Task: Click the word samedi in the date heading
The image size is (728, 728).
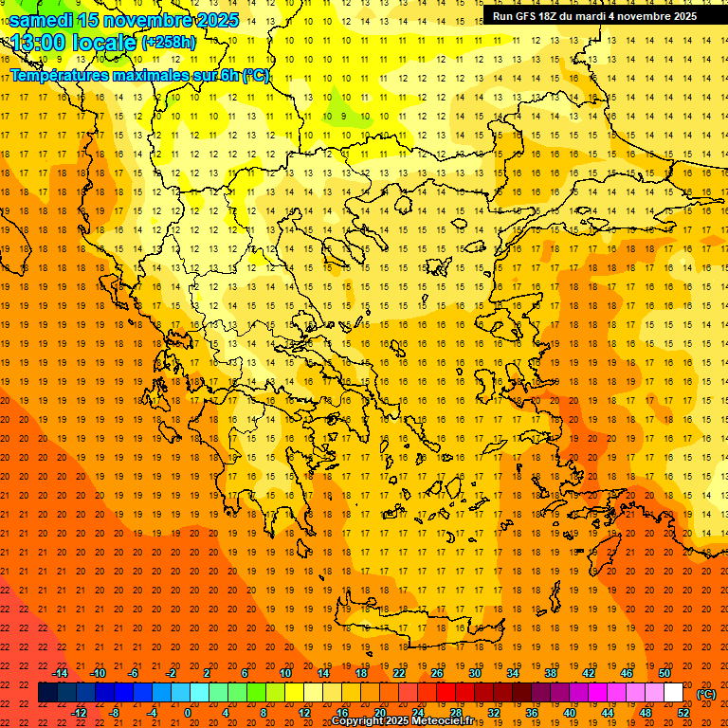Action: tap(42, 20)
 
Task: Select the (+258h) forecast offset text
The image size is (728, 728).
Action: tap(169, 42)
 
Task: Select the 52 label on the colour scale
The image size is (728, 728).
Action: tap(682, 713)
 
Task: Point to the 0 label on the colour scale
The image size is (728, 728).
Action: tap(188, 713)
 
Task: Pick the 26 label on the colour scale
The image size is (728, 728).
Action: tap(436, 673)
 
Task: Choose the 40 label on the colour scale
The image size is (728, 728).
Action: tap(569, 713)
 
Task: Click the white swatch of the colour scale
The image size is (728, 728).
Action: tap(673, 693)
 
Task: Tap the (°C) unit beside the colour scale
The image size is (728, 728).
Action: tap(706, 694)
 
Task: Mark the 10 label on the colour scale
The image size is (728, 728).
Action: tap(284, 673)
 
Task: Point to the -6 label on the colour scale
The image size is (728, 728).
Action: tap(134, 673)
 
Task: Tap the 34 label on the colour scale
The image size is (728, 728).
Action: tap(512, 673)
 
